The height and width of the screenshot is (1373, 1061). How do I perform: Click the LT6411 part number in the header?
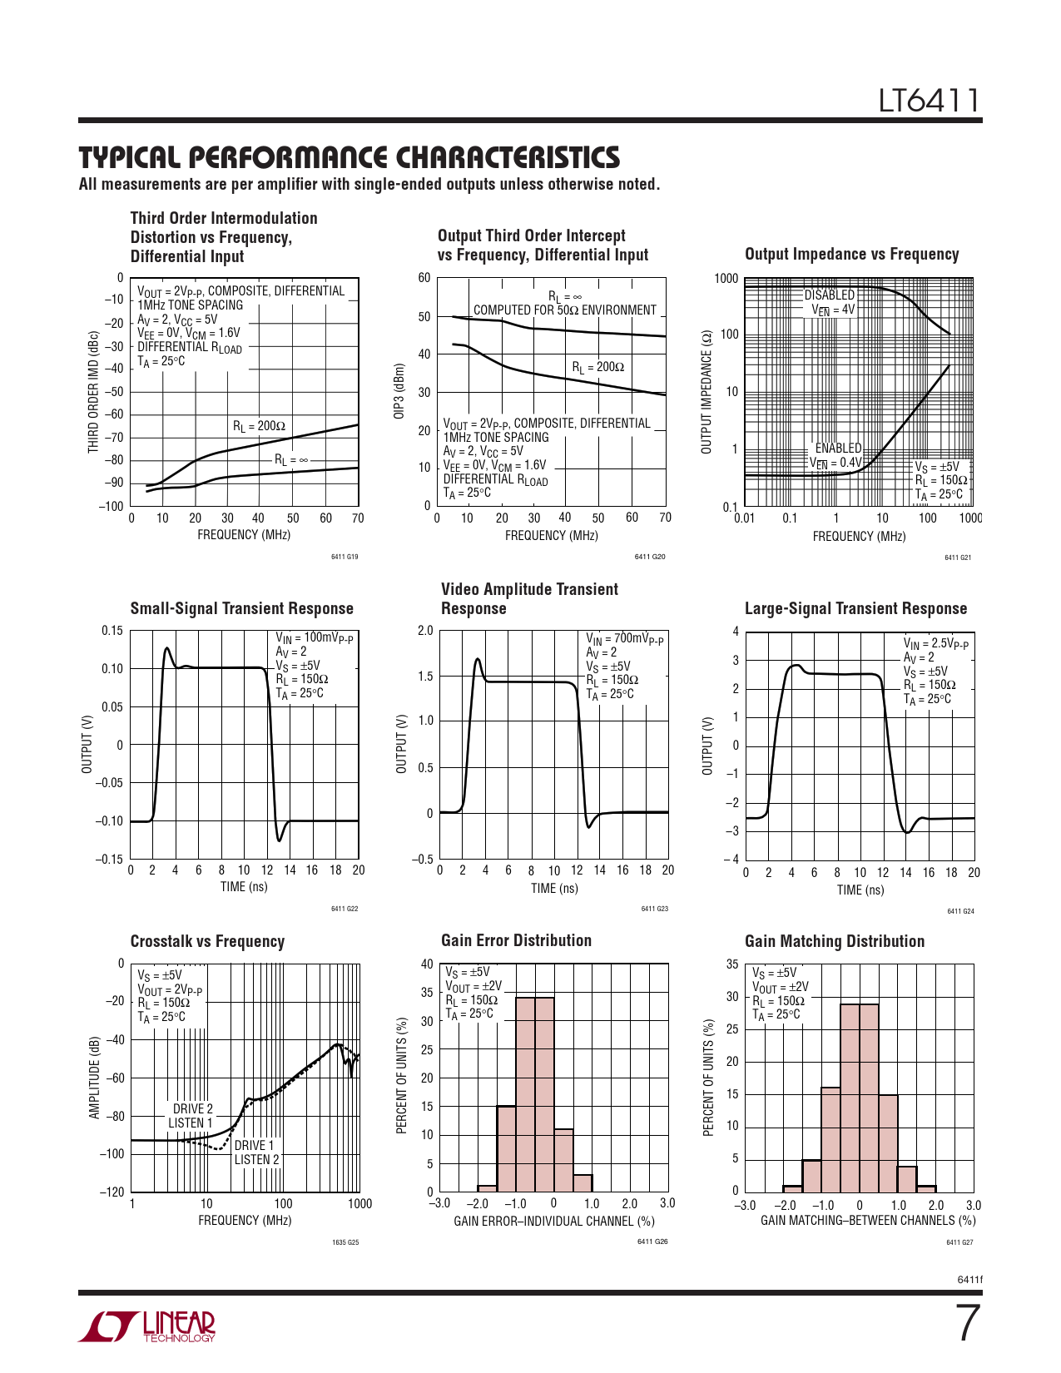coord(930,101)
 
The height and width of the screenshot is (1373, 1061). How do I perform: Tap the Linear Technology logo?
coord(147,1326)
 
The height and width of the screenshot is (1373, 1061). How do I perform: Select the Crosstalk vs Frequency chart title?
coord(207,941)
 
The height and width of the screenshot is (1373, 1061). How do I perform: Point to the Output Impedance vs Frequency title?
coord(851,255)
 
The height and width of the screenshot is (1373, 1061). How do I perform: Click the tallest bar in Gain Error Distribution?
coord(534,1094)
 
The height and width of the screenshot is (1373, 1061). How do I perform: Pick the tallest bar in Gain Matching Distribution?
coord(860,1098)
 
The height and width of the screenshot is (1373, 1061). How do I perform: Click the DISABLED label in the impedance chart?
coord(829,295)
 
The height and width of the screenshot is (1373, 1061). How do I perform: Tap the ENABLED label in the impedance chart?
coord(838,448)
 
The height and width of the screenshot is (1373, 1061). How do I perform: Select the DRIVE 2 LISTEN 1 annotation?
coord(191,1116)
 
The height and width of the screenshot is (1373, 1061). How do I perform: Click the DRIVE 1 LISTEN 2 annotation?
coord(256,1152)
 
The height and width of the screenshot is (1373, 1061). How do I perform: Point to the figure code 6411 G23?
coord(654,909)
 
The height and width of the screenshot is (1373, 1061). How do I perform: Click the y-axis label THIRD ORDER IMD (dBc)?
coord(93,393)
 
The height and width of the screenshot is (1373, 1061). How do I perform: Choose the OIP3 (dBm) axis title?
coord(400,391)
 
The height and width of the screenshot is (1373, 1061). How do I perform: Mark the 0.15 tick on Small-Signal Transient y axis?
coord(112,631)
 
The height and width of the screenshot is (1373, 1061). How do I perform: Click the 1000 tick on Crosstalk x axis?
coord(359,1203)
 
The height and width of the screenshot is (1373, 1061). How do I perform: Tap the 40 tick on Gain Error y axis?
coord(427,964)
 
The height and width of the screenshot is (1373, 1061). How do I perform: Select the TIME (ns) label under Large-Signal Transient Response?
coord(860,890)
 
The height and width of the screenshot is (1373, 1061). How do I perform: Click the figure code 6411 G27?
coord(959,1242)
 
